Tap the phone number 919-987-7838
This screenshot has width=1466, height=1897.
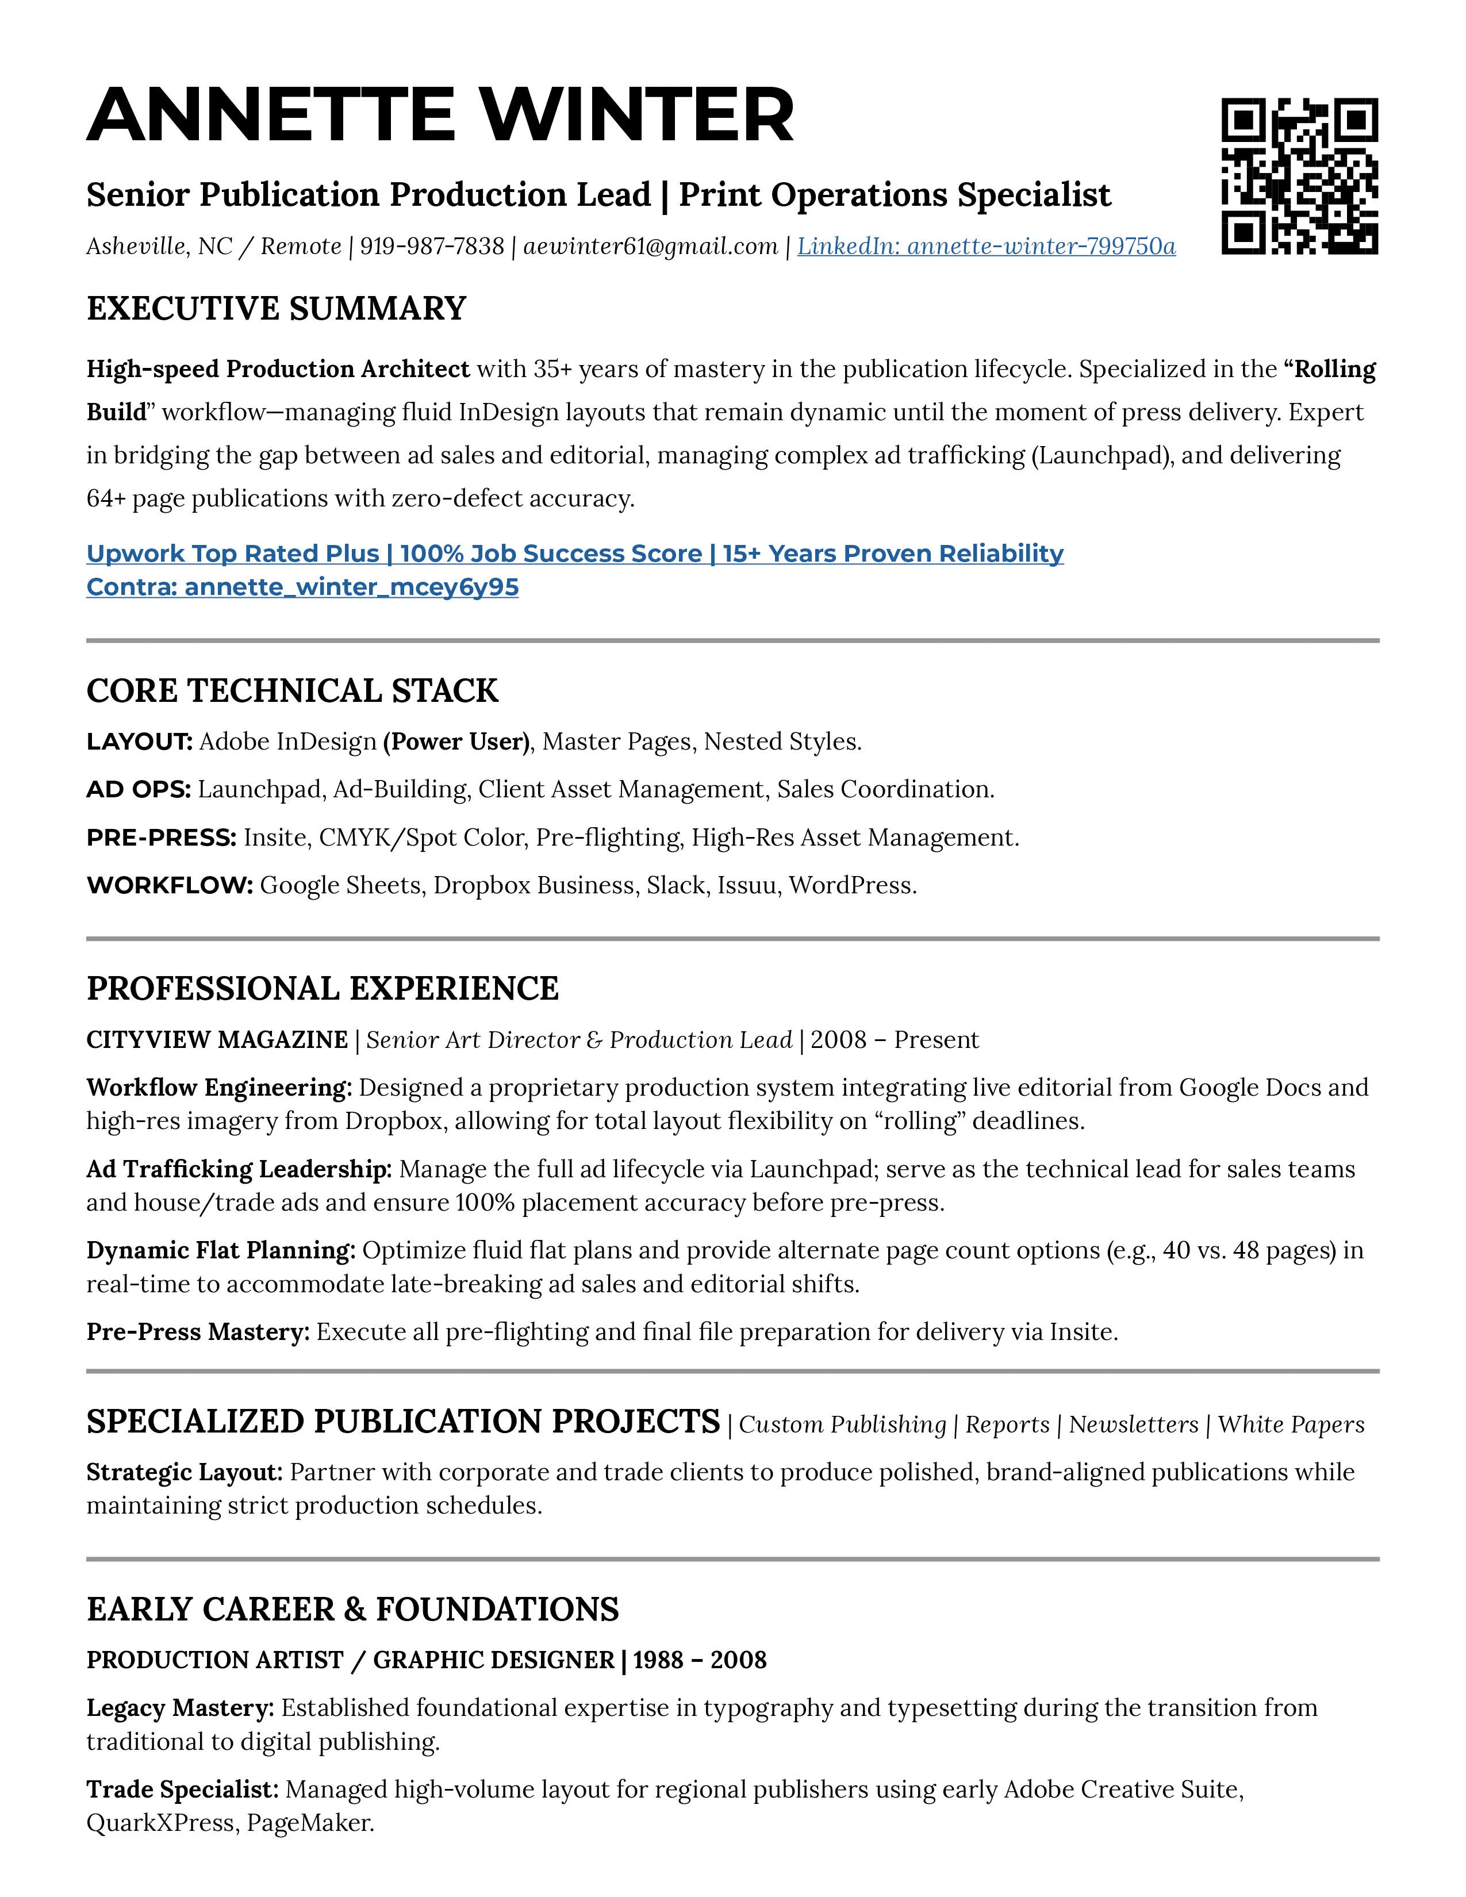click(432, 247)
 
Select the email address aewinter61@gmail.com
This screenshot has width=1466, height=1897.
click(650, 247)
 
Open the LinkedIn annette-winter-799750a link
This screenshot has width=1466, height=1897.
click(986, 247)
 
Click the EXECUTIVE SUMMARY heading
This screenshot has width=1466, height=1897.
click(276, 308)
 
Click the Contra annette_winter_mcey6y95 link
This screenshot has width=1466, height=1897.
click(302, 587)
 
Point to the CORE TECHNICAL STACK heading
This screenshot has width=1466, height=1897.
click(292, 690)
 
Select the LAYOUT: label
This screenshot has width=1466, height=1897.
click(139, 742)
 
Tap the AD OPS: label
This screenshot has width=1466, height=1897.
click(138, 789)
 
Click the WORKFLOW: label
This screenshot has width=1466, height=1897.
click(170, 885)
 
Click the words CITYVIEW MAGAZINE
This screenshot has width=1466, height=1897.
click(217, 1040)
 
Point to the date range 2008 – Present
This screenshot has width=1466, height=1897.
click(895, 1040)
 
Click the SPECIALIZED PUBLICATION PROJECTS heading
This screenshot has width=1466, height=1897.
click(403, 1422)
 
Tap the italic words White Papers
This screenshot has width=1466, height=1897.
click(1291, 1424)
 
